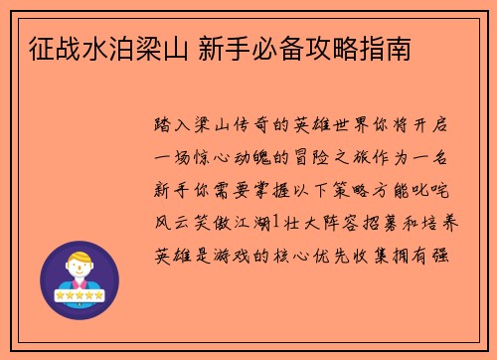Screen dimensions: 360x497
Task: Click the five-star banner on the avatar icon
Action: (79, 296)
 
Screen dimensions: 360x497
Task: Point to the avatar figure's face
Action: (79, 270)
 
